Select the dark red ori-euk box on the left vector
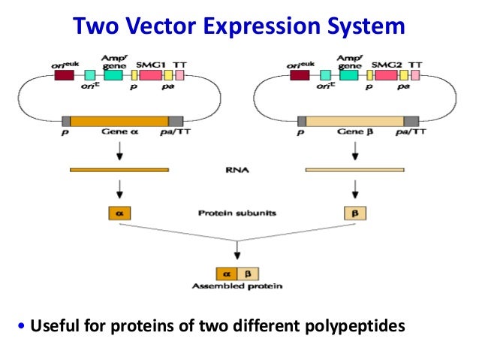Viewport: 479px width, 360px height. (x=64, y=75)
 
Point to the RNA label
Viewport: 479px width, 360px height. (x=236, y=170)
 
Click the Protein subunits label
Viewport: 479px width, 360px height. (x=236, y=213)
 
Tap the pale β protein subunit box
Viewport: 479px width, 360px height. (x=354, y=213)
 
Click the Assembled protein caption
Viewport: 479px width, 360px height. (x=237, y=286)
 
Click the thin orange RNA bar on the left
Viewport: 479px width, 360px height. (x=119, y=170)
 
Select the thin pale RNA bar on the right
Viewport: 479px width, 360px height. (x=354, y=170)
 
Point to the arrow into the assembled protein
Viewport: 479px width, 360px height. (x=237, y=252)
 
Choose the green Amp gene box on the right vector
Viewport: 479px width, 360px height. (x=349, y=75)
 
